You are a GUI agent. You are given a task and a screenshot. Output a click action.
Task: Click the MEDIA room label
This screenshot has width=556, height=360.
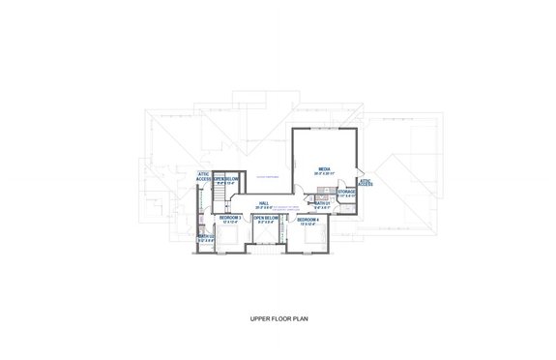coord(324,170)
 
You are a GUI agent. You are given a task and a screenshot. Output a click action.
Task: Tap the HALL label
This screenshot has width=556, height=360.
coord(263,202)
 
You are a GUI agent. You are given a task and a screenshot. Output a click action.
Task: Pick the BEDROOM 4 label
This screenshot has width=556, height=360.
coord(307,221)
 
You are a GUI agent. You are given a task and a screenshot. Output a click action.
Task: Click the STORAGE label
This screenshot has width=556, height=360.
coord(346,192)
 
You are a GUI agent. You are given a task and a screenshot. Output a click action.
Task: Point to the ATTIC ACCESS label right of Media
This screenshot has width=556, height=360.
coord(366,182)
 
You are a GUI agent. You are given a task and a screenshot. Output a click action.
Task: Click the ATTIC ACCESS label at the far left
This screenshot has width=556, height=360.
coord(204,176)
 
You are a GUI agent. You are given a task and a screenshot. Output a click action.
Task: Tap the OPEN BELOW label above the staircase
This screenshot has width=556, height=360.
coord(226,178)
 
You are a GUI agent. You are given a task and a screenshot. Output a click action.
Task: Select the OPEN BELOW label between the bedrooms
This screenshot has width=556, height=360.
coord(266,219)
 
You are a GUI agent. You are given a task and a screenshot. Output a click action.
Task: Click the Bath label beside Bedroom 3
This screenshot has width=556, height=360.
coord(205,237)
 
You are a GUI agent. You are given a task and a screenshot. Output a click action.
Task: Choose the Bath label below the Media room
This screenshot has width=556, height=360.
coord(322,203)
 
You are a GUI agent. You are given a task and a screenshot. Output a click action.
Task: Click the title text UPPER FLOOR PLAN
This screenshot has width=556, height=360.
coord(278,316)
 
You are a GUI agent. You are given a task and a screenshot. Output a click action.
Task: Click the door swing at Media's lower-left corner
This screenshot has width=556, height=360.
coord(298,197)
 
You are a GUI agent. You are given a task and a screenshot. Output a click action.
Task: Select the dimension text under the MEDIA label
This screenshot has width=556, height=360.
coord(324,176)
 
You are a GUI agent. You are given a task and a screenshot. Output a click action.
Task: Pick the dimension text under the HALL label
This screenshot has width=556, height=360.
coord(263,207)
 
